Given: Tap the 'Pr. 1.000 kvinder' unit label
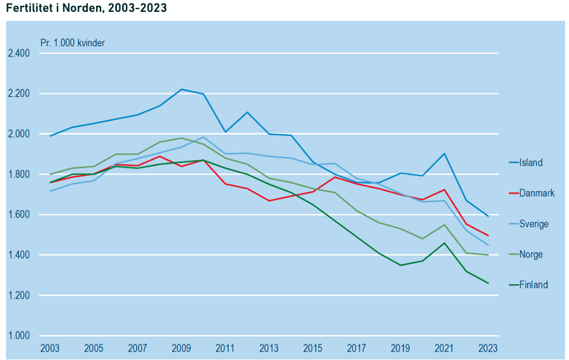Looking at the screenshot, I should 72,42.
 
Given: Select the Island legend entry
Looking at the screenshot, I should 531,163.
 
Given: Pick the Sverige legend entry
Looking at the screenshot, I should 533,224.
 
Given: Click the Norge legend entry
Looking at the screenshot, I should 531,254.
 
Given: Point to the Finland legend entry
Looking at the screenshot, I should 533,285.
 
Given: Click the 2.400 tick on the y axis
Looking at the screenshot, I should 18,54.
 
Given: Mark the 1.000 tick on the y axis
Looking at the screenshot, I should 18,336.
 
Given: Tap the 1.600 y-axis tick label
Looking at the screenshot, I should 18,215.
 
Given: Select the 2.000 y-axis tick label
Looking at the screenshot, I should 18,134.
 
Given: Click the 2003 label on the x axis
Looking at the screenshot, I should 50,348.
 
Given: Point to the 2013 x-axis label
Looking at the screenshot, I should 269,348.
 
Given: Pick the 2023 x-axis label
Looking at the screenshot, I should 488,348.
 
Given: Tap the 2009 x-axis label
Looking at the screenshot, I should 181,348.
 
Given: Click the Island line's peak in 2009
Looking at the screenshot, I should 181,89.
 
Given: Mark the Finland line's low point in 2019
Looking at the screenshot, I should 401,265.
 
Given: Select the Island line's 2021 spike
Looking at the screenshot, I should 445,153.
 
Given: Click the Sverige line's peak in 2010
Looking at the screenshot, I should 203,137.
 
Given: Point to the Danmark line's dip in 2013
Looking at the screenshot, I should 269,201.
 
